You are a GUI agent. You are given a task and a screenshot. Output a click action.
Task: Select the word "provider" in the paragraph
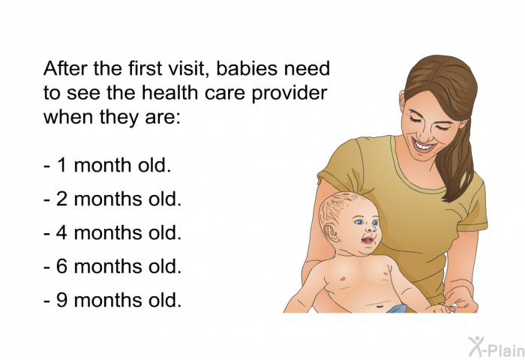(x=289, y=94)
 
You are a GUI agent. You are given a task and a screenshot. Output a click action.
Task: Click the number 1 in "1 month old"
(x=62, y=166)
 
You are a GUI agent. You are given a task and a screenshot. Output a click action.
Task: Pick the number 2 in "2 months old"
(x=62, y=199)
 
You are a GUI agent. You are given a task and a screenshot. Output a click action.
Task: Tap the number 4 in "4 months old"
(x=62, y=232)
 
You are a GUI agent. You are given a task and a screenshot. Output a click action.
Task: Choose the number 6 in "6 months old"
(x=62, y=266)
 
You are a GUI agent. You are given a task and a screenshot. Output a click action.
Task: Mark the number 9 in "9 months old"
(x=62, y=300)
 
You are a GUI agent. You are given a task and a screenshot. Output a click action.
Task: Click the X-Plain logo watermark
(x=496, y=346)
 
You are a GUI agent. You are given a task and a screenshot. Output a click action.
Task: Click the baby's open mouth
(x=368, y=241)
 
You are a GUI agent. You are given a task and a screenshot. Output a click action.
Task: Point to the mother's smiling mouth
(x=424, y=145)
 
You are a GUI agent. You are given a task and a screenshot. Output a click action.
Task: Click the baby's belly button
(x=379, y=306)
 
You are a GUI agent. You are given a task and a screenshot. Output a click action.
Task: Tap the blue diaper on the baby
(x=397, y=309)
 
